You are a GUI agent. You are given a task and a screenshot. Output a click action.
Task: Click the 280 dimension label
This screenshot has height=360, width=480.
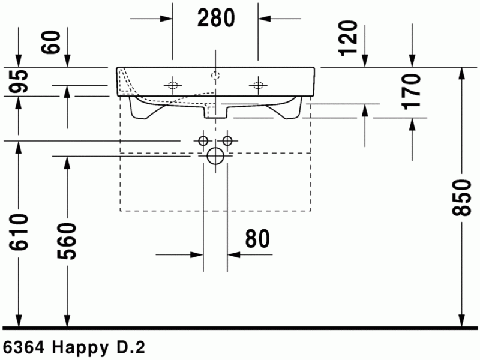(x=216, y=19)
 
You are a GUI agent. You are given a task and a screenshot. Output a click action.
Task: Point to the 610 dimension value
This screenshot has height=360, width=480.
(x=19, y=234)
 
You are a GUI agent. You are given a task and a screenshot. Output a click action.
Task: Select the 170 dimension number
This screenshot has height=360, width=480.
(x=412, y=91)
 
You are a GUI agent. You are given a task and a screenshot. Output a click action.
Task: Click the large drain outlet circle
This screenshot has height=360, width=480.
(x=215, y=157)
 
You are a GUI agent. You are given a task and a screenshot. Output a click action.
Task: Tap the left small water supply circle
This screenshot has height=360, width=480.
(x=203, y=140)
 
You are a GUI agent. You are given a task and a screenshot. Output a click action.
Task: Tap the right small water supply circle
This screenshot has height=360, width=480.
(x=227, y=140)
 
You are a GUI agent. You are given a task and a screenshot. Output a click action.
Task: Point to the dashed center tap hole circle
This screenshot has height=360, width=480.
(x=215, y=75)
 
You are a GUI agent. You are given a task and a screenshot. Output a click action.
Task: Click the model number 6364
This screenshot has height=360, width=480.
(x=24, y=347)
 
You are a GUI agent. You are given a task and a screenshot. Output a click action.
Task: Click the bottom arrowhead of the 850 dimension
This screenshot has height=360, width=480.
(x=462, y=320)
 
